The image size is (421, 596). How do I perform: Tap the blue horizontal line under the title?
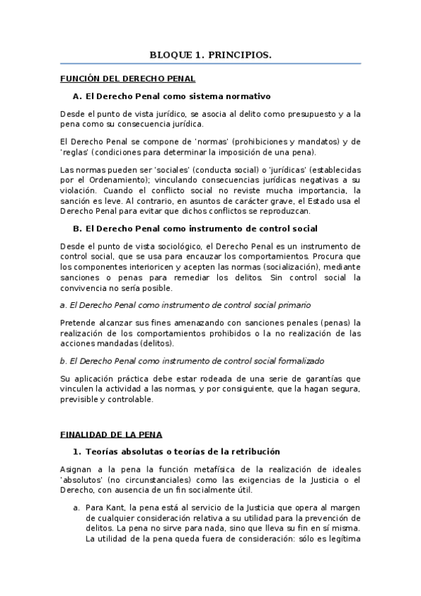pos(210,63)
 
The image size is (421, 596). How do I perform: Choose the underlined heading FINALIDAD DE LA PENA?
pos(111,434)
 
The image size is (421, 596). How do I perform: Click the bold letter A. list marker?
pos(77,96)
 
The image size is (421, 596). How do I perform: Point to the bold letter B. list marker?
pos(77,228)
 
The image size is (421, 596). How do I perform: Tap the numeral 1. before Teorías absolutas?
pos(77,451)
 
